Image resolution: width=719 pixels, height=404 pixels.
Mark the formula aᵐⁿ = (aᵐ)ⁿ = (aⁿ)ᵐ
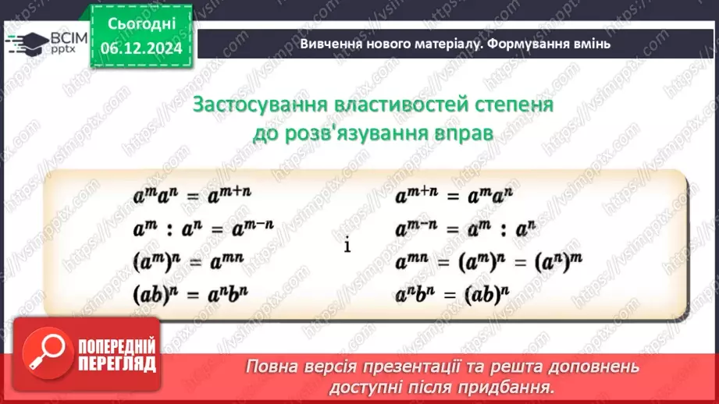(490, 260)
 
